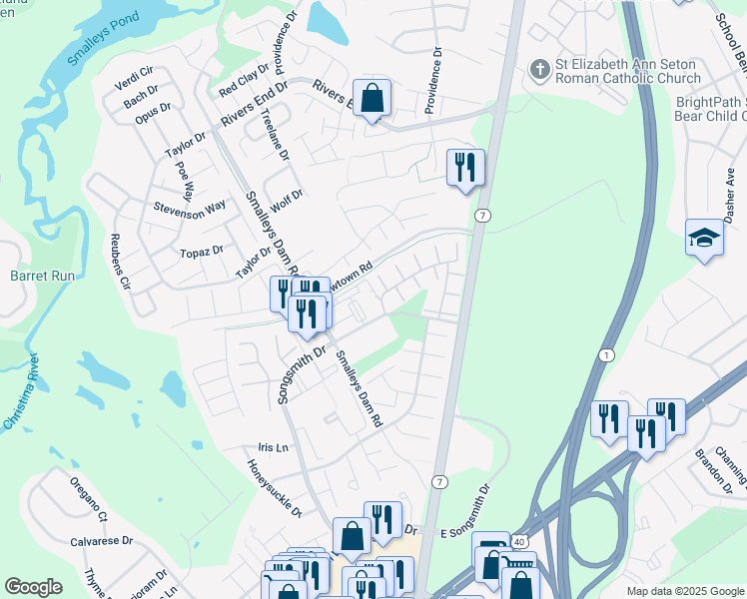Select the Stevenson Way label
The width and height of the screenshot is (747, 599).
pos(190,210)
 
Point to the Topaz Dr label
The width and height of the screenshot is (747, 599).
pos(203,252)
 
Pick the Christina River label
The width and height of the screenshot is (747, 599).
pos(21,391)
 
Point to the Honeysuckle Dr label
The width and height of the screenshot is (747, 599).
pos(276,489)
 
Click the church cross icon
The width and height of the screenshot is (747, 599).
pos(539,70)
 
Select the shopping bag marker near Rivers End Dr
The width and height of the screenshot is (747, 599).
pos(372,98)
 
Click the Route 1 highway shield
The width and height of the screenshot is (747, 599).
pos(606,355)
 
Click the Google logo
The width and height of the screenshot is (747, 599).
pos(34,587)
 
